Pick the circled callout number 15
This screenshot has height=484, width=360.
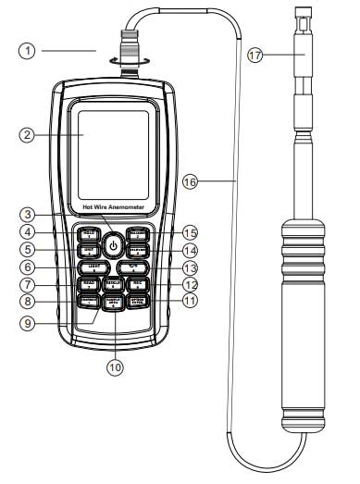click(x=191, y=231)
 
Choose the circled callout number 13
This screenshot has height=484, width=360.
click(x=191, y=267)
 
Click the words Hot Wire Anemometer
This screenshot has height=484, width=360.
click(x=112, y=210)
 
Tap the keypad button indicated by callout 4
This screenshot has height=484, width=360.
click(x=89, y=232)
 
